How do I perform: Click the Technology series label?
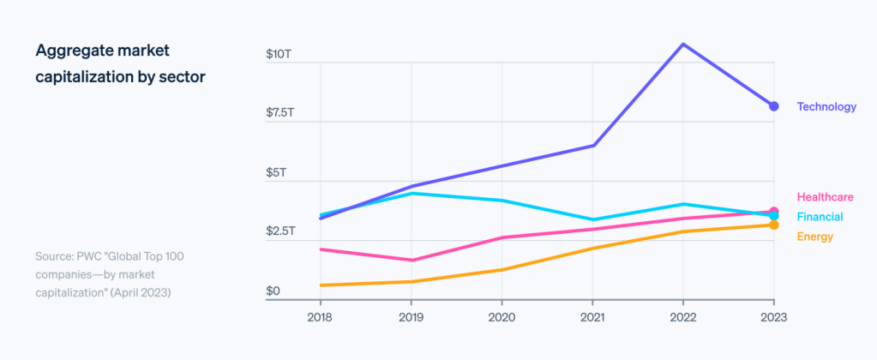826,107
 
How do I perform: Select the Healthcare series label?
825,197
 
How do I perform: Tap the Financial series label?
820,217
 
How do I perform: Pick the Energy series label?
814,237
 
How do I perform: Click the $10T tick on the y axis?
279,55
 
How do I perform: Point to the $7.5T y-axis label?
280,113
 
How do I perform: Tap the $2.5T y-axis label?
280,231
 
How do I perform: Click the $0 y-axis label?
273,291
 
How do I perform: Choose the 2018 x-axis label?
320,316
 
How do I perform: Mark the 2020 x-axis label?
502,316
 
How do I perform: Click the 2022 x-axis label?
682,316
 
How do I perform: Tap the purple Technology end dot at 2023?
773,106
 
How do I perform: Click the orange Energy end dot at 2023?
773,225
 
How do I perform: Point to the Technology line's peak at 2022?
682,44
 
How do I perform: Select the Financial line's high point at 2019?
411,194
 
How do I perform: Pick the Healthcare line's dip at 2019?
411,260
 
